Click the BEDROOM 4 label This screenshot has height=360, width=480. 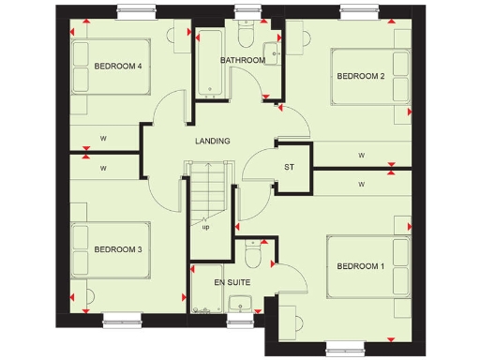pos(118,67)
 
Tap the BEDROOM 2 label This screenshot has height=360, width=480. pos(361,76)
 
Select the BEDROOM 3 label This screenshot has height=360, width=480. pos(118,249)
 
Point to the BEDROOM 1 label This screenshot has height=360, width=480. pos(361,267)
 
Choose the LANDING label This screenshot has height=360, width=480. pos(213,142)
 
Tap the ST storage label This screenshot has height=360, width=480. pos(290,168)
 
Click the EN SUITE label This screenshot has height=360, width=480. pos(232,281)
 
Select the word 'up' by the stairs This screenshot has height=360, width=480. pos(206,226)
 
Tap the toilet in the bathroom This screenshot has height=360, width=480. pos(247,36)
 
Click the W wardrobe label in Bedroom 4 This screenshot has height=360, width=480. pos(102,139)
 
